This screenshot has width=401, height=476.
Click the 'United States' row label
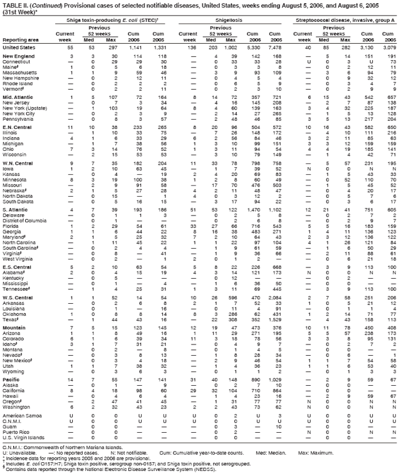pos(18,48)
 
